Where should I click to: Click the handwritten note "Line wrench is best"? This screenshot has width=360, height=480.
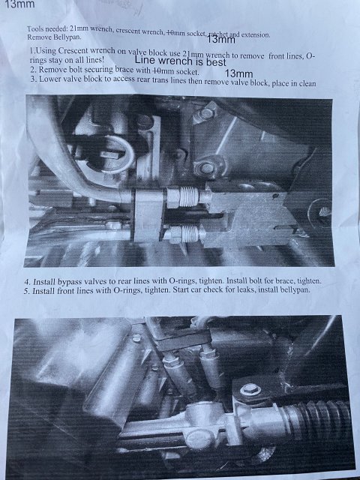coord(181,61)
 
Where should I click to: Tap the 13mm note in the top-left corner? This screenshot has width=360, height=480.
coord(19,4)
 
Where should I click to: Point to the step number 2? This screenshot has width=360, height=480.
coord(33,70)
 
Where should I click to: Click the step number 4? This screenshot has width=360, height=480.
coord(27,282)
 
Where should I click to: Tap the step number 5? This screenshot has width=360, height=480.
coord(26,291)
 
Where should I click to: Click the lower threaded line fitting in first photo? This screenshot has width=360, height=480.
coord(184,235)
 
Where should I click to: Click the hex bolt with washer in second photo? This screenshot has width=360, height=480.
coord(250,390)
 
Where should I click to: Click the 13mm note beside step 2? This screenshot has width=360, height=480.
coord(238,73)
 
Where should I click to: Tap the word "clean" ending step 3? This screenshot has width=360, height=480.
coord(305,83)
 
